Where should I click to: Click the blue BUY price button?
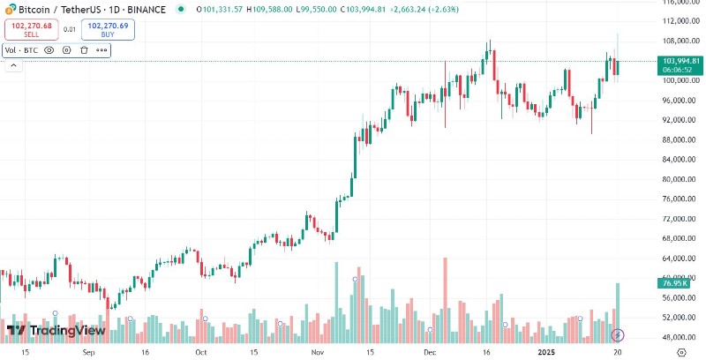click(108, 29)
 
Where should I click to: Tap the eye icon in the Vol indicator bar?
click(49, 50)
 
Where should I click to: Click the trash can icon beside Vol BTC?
click(84, 50)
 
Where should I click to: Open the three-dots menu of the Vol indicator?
click(101, 50)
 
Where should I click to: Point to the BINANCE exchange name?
click(146, 9)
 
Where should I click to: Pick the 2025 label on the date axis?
click(547, 351)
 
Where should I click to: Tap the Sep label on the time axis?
click(88, 351)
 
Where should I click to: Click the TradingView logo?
click(56, 331)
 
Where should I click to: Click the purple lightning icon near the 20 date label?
click(619, 335)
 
